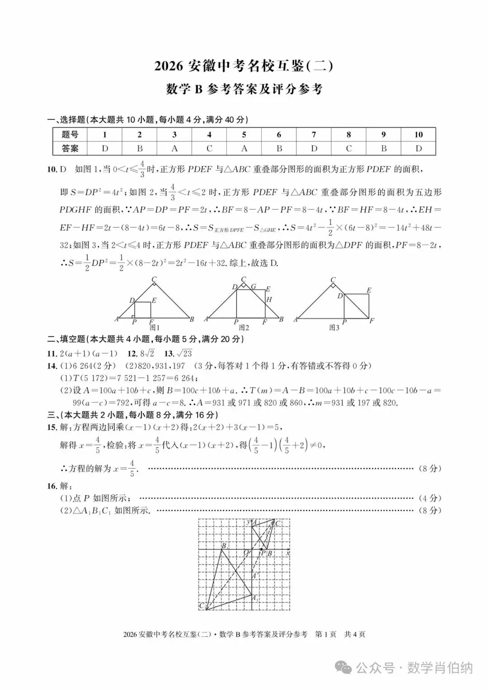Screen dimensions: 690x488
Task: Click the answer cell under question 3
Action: coord(174,148)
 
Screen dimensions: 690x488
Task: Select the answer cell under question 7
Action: coord(314,148)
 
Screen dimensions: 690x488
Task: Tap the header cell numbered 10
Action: coord(418,135)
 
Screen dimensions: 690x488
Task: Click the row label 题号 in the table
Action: coord(70,135)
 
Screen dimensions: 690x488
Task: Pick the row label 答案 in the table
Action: coord(70,148)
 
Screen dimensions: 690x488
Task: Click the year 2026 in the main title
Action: coord(169,66)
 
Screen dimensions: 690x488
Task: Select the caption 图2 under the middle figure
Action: coord(244,328)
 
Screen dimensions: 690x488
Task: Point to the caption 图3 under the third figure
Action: coord(334,328)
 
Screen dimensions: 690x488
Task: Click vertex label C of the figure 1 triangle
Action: coord(154,280)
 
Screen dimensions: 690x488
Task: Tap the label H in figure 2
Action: coord(269,300)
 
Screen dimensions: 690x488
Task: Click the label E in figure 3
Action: coord(369,291)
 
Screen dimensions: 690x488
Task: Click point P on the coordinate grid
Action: coord(262,549)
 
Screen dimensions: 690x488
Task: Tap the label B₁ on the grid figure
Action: coord(224,546)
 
